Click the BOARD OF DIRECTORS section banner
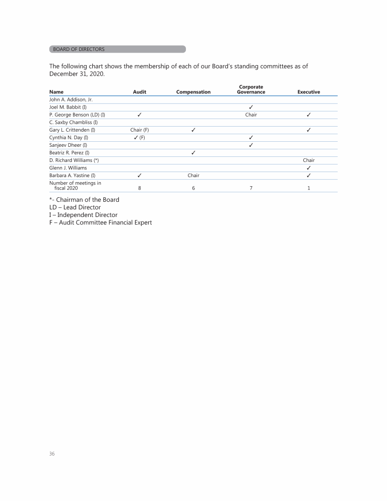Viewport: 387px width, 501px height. (x=117, y=49)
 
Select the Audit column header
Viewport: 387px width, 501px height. (x=140, y=92)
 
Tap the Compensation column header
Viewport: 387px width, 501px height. (x=193, y=92)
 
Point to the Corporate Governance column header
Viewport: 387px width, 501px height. (x=251, y=89)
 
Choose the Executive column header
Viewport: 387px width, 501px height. (x=309, y=92)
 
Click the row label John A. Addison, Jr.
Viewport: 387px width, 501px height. (x=71, y=100)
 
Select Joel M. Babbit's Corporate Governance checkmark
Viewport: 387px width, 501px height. (x=251, y=107)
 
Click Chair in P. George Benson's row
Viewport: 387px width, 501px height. (x=251, y=115)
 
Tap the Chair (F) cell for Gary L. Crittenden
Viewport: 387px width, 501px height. (x=140, y=130)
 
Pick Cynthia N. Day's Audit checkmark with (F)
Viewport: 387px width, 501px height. (x=140, y=138)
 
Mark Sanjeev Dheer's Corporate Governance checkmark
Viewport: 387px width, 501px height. (x=251, y=145)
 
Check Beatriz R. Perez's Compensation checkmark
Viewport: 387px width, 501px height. (x=193, y=153)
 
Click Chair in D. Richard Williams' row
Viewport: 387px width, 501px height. (x=309, y=160)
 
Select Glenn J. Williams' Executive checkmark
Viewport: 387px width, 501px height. (x=309, y=168)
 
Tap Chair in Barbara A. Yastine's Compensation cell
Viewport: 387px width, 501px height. (x=193, y=176)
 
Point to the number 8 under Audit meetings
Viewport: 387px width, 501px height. (x=139, y=188)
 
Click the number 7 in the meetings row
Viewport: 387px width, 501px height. (x=250, y=188)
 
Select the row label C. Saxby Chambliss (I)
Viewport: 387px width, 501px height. (x=74, y=123)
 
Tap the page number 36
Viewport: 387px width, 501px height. (x=52, y=454)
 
